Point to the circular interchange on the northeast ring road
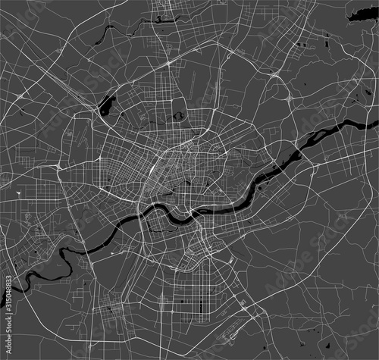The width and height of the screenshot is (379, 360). pyautogui.click(x=290, y=98)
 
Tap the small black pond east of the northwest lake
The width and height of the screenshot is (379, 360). pyautogui.click(x=180, y=116)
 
